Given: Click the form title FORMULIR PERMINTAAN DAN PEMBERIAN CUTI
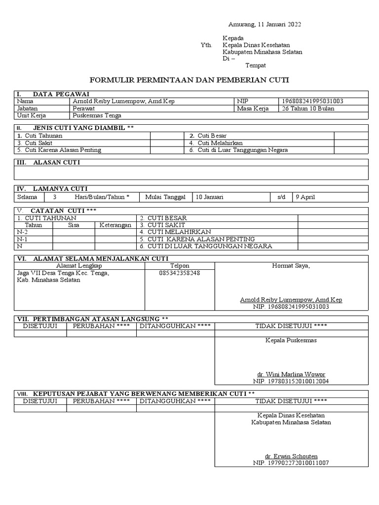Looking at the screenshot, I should pyautogui.click(x=189, y=79).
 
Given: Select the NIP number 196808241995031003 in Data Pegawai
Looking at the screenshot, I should pyautogui.click(x=312, y=101).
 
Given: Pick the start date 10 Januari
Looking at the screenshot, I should pyautogui.click(x=210, y=197).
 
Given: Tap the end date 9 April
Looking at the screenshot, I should pyautogui.click(x=305, y=197).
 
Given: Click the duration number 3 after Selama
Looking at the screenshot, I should pyautogui.click(x=55, y=197).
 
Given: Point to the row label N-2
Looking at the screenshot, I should pyautogui.click(x=23, y=232).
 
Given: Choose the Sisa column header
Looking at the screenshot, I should pyautogui.click(x=74, y=225).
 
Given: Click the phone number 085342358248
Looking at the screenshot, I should pyautogui.click(x=180, y=273).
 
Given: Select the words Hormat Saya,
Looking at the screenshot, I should pyautogui.click(x=291, y=266).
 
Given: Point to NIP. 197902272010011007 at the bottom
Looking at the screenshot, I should pyautogui.click(x=291, y=463).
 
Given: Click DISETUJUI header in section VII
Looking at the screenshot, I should pyautogui.click(x=40, y=326).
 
